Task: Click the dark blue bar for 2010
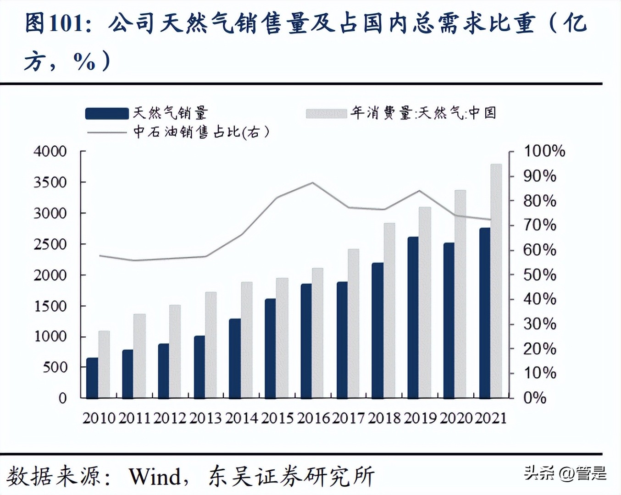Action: (x=92, y=378)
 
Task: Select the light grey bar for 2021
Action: (x=496, y=280)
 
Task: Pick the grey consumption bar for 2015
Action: (x=282, y=338)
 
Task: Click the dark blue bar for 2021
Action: (x=485, y=313)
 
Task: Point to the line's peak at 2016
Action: (x=312, y=182)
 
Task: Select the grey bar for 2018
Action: (x=389, y=310)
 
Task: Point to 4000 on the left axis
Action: (x=50, y=151)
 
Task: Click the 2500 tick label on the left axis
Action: (x=50, y=244)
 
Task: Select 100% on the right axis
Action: (x=544, y=151)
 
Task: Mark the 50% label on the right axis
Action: (x=539, y=275)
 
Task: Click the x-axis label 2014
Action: (x=242, y=418)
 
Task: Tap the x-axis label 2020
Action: (x=456, y=418)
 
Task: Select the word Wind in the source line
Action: (x=155, y=477)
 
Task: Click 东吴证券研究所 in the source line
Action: (x=292, y=477)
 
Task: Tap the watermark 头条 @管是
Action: (x=565, y=473)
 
